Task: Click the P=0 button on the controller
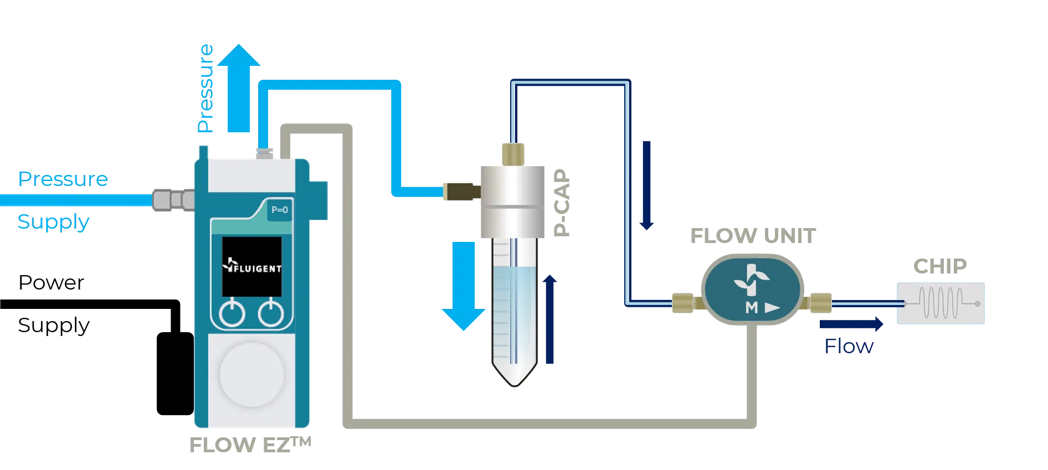click(279, 210)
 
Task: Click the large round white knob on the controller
click(252, 375)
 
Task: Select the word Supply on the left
click(53, 222)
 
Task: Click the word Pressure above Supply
click(63, 179)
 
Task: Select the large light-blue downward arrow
click(463, 286)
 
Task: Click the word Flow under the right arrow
click(849, 347)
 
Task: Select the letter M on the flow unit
click(752, 308)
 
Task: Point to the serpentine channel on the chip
click(942, 303)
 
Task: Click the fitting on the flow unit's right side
click(819, 303)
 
